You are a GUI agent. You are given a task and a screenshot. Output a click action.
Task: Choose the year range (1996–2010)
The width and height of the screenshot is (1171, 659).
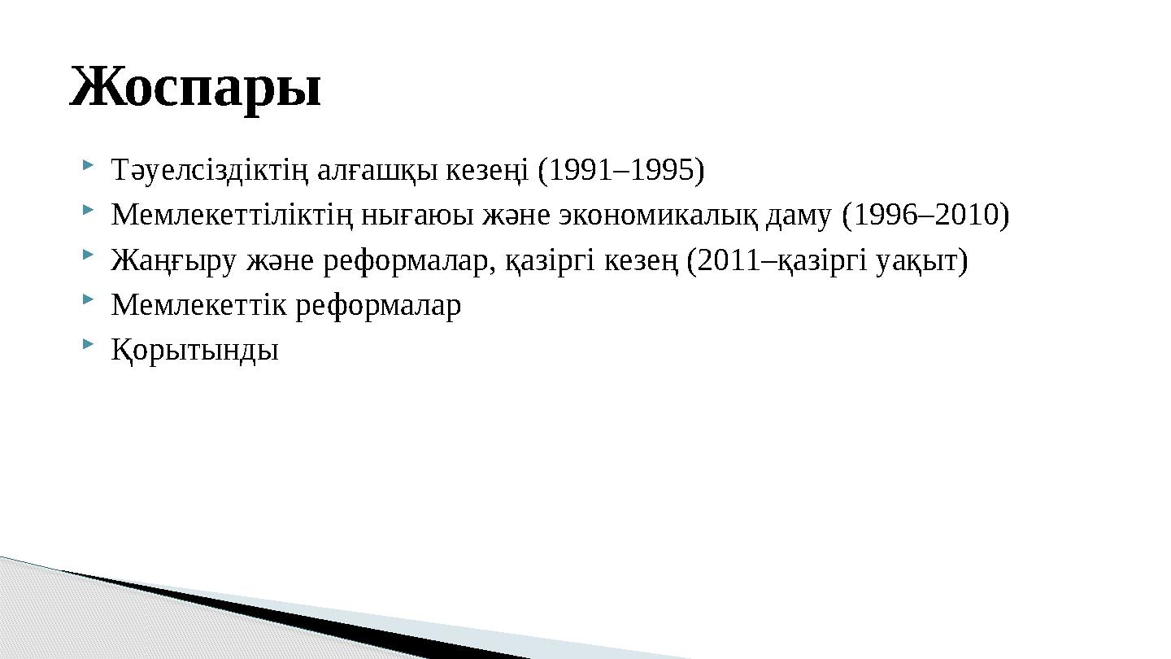tap(926, 216)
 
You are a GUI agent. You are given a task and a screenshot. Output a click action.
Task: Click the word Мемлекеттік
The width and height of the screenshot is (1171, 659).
tap(198, 306)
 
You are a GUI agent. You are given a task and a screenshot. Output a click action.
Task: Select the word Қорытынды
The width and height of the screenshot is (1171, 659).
tap(195, 351)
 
